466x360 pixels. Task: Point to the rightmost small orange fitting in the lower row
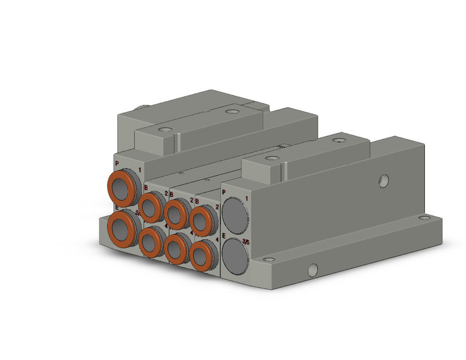[201, 257]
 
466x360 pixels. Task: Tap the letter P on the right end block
[224, 193]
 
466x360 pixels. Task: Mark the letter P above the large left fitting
[116, 164]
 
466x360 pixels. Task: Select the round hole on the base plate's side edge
[312, 268]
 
